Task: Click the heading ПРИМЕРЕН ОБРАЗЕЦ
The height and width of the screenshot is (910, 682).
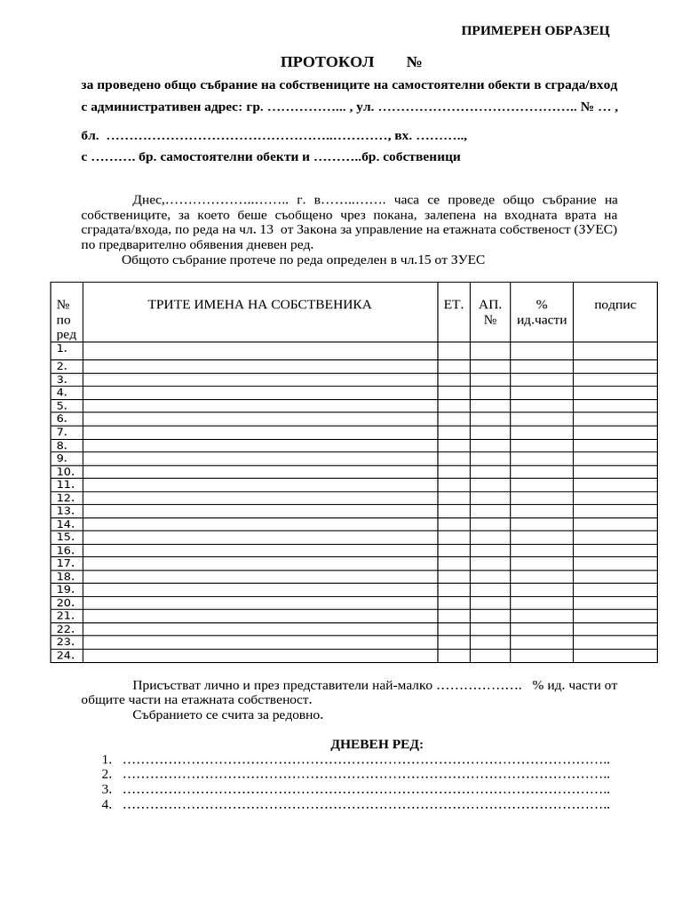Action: pos(535,30)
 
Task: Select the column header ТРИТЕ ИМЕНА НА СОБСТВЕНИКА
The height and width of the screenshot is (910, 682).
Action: pos(259,305)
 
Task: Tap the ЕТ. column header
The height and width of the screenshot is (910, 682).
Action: pos(453,305)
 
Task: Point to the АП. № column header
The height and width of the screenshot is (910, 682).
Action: pos(489,312)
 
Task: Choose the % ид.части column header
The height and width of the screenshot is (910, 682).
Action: pos(541,312)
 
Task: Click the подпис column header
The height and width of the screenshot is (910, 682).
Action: pos(615,305)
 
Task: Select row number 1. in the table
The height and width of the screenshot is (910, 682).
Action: pos(63,349)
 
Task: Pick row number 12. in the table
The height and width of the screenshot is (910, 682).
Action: pos(65,498)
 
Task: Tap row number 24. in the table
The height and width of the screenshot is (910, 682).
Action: pos(65,656)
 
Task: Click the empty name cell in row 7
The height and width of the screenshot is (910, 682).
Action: pos(259,432)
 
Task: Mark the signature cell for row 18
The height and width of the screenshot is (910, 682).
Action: pos(615,577)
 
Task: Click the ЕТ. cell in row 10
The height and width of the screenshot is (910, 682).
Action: pos(453,472)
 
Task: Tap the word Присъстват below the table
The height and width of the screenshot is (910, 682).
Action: pos(169,685)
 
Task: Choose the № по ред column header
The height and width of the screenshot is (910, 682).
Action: pos(66,319)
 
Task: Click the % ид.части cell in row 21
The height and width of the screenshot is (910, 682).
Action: pos(541,616)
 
